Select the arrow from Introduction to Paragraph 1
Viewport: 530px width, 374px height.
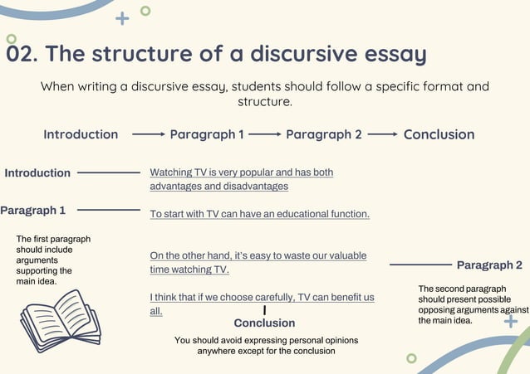pyautogui.click(x=149, y=134)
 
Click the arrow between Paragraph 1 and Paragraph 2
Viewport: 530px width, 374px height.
pyautogui.click(x=265, y=134)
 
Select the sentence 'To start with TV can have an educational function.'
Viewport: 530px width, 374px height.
pyautogui.click(x=259, y=214)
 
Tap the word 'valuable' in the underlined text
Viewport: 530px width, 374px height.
pyautogui.click(x=346, y=255)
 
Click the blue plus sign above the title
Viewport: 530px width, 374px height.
pyautogui.click(x=122, y=17)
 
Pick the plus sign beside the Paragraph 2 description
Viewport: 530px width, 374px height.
pyautogui.click(x=511, y=320)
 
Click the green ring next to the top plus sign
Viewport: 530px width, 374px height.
pyautogui.click(x=145, y=11)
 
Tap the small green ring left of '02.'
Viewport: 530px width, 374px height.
pyautogui.click(x=11, y=39)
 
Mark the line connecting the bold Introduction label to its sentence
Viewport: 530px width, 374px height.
pyautogui.click(x=108, y=172)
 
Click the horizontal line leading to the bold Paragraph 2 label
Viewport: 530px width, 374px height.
pyautogui.click(x=420, y=265)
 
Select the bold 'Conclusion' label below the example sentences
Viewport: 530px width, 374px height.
pyautogui.click(x=264, y=323)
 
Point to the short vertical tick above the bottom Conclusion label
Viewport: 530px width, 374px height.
pyautogui.click(x=264, y=309)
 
